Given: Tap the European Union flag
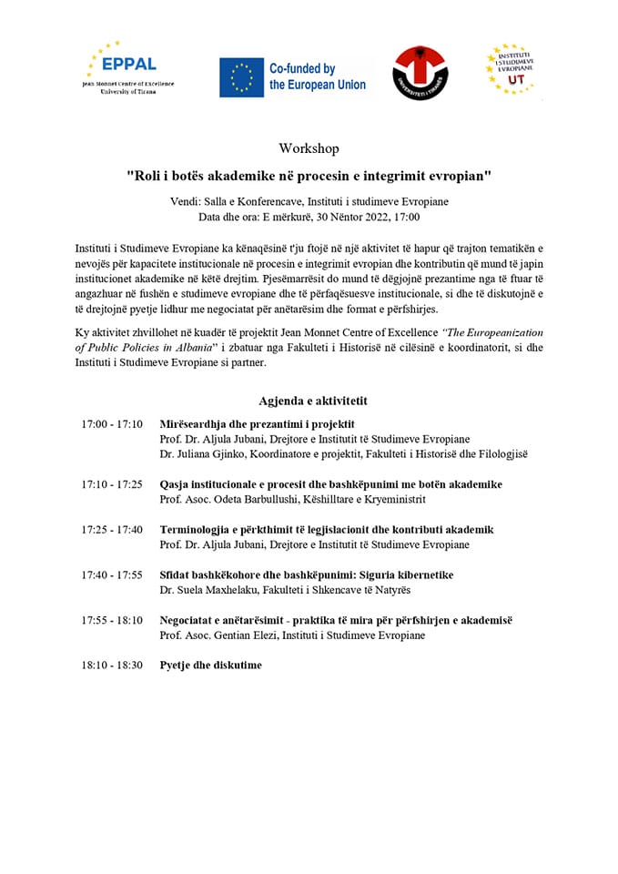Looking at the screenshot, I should point(241,76).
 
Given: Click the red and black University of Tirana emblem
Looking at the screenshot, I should point(420,74).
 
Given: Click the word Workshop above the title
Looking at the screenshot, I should point(309,148).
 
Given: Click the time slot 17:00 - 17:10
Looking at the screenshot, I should point(112,424).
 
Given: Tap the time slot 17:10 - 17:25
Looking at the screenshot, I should point(112,484).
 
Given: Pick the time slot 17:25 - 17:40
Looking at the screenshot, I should point(112,530).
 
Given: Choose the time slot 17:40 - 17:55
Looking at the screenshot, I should point(112,574).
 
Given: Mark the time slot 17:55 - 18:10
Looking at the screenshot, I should point(112,620).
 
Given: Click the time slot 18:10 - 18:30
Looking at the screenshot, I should point(112,666).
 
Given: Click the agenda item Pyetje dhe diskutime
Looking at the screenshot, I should point(210,666).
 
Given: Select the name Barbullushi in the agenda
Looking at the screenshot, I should point(279,499).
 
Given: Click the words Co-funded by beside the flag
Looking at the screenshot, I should point(302,68).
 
